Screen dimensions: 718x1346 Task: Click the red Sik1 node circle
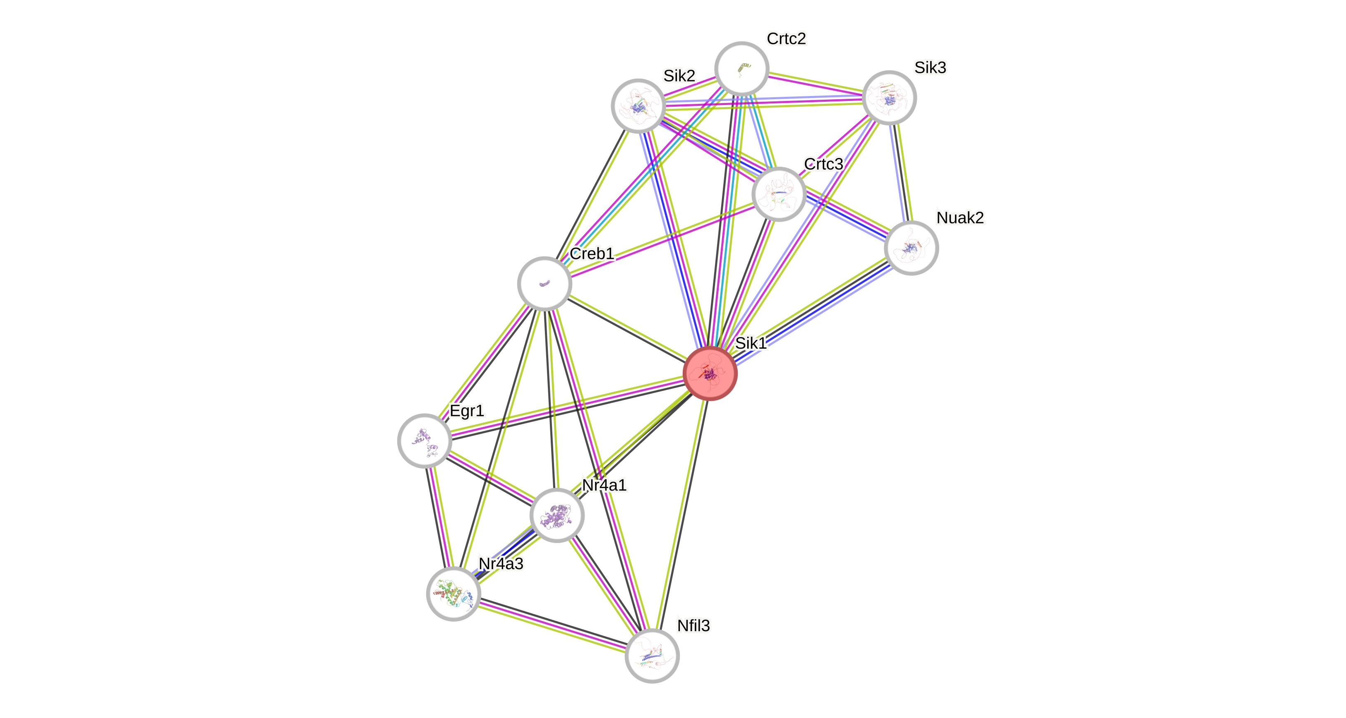pos(710,373)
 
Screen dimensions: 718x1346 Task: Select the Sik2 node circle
pos(638,106)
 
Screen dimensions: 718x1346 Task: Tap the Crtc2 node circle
pos(741,68)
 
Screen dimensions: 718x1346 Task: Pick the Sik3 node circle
pos(889,98)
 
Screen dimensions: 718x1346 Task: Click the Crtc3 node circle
pos(779,194)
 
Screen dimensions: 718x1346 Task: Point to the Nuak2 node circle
pos(911,247)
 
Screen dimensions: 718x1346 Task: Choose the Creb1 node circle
pos(545,284)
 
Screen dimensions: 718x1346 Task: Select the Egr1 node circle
pos(424,441)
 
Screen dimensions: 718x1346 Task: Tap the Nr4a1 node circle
pos(557,515)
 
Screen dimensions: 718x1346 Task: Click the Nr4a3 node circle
pos(453,594)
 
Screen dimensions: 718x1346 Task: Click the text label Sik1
pos(751,343)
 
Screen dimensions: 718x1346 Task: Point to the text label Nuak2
pos(960,217)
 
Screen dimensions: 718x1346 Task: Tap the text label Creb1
pos(592,254)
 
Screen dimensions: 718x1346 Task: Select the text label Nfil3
pos(693,626)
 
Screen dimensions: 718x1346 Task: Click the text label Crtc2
pos(787,38)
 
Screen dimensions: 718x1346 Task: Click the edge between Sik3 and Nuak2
pos(900,172)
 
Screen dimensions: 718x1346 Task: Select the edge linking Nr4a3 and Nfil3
pos(552,625)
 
